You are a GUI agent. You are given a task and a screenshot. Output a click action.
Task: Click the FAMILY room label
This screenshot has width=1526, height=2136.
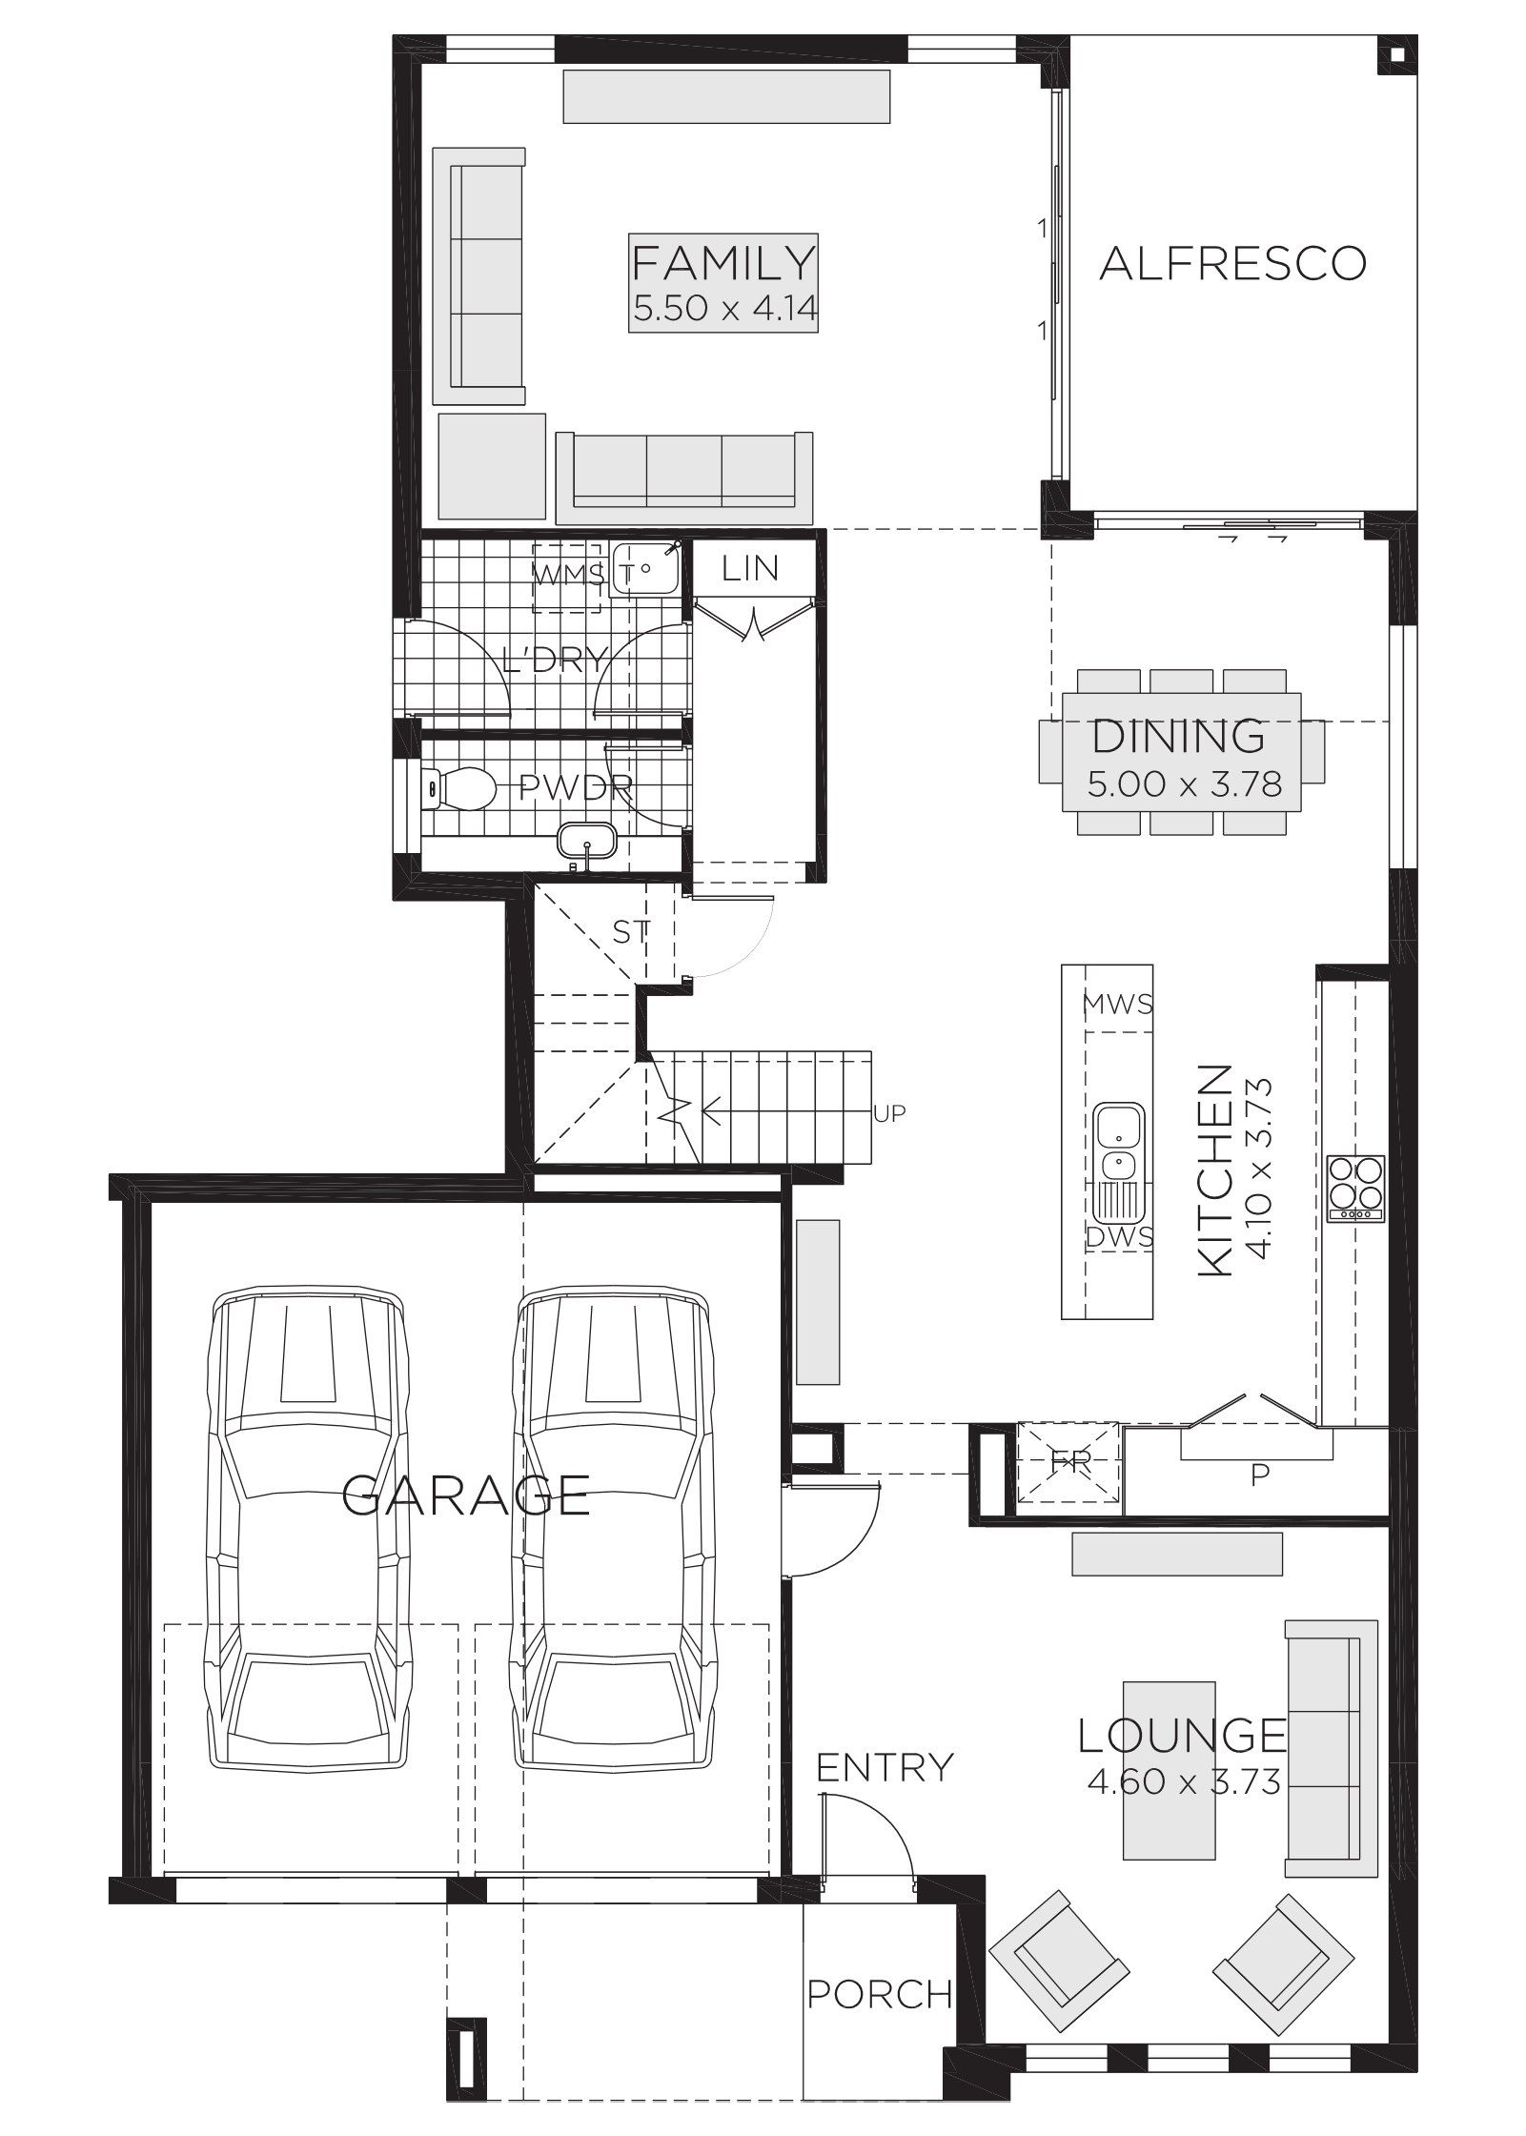[724, 262]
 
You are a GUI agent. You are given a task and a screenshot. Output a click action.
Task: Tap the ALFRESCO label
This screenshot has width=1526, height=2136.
[1233, 263]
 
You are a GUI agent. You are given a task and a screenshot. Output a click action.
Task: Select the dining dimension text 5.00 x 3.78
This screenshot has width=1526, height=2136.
[1185, 783]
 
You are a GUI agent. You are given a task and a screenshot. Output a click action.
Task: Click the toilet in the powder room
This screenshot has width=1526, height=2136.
[458, 789]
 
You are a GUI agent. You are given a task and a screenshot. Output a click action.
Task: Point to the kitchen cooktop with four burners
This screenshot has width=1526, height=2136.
[1356, 1189]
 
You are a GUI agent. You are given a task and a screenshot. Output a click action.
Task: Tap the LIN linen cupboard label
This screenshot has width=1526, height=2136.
[750, 569]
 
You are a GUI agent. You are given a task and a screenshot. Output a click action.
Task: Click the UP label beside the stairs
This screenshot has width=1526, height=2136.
[889, 1113]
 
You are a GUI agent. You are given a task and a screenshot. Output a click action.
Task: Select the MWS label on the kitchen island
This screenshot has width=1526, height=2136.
[1118, 1004]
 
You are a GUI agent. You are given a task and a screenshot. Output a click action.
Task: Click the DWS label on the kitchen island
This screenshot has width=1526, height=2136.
[1120, 1237]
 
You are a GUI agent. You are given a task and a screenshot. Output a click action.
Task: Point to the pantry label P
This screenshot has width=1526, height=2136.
[1259, 1502]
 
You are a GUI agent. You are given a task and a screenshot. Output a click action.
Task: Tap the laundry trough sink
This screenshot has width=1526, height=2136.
[644, 568]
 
